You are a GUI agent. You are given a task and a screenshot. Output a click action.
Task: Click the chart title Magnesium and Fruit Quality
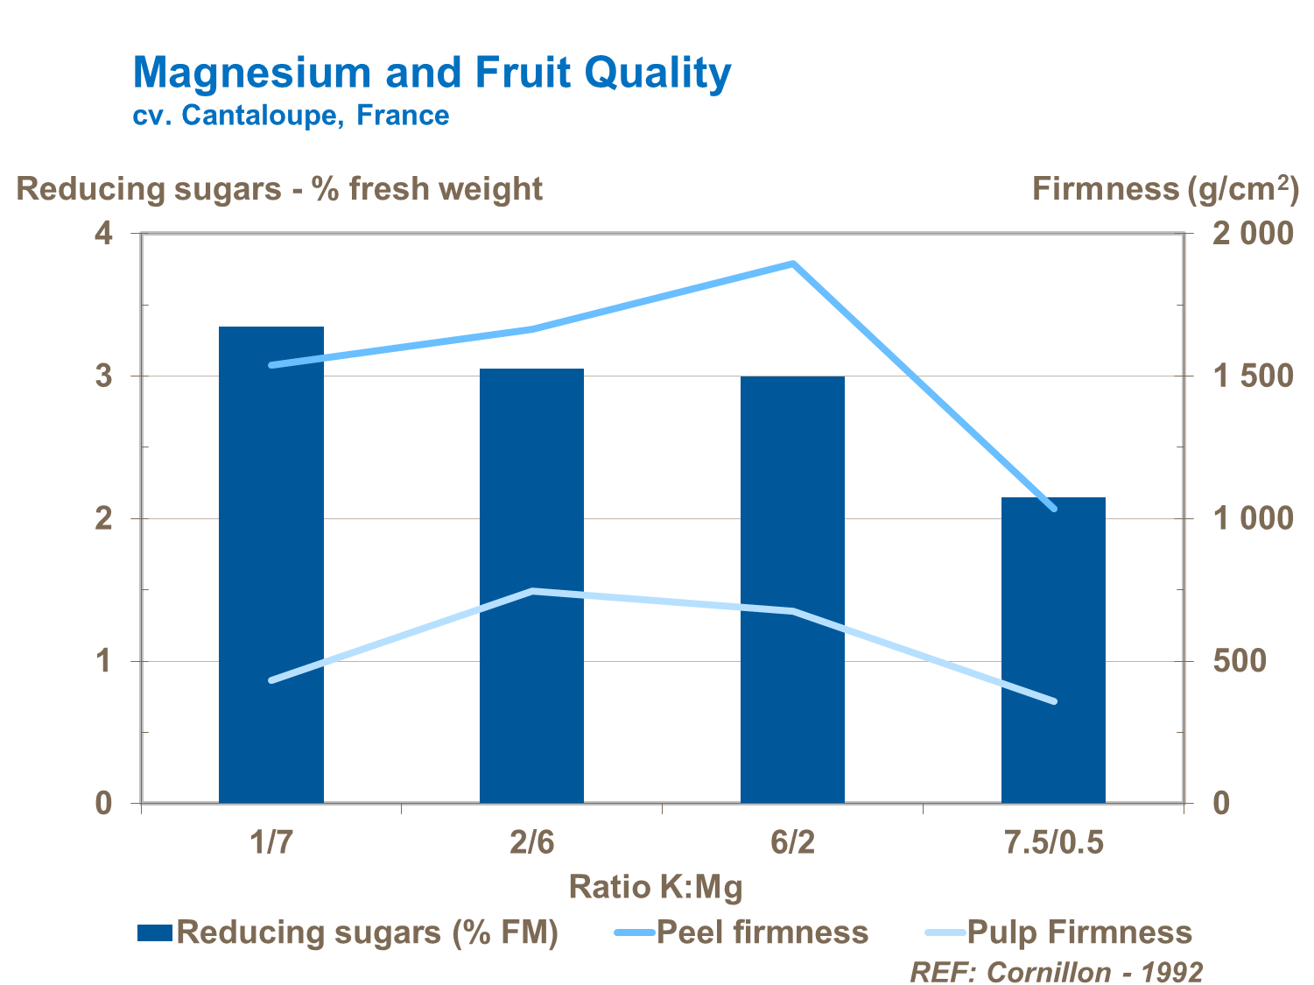[x=432, y=73]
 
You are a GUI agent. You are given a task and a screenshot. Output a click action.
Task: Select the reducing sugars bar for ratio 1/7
[x=271, y=565]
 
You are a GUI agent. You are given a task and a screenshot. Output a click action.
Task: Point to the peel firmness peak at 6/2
[x=792, y=264]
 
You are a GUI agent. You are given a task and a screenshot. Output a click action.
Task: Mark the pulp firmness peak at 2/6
[x=533, y=591]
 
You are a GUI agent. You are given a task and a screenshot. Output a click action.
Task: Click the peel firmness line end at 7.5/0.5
[x=1053, y=508]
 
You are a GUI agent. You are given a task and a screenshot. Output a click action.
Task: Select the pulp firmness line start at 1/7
[x=272, y=679]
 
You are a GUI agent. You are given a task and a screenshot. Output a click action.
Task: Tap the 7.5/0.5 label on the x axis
[x=1053, y=842]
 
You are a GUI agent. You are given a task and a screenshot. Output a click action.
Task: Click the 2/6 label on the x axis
[x=531, y=842]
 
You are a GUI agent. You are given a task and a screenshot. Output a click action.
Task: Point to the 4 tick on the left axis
[x=104, y=234]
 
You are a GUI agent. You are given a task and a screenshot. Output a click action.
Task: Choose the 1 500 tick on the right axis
[x=1252, y=376]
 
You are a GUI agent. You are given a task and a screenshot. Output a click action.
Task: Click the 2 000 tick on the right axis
[x=1252, y=234]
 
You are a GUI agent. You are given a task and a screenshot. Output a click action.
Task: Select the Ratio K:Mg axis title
[x=656, y=887]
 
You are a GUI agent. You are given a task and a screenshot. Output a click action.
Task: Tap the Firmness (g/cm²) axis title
[x=1164, y=188]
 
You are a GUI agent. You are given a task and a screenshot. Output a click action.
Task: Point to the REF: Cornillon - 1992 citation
[x=1056, y=971]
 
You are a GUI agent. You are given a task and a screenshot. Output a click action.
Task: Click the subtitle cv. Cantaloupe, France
[x=291, y=116]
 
